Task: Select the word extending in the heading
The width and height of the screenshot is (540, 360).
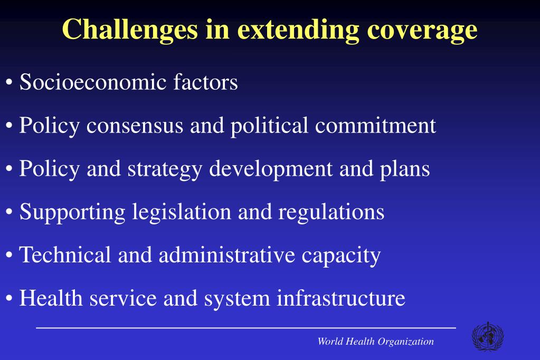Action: tap(299, 30)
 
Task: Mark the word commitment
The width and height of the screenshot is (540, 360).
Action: tap(376, 126)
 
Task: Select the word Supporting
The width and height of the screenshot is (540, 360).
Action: tap(72, 213)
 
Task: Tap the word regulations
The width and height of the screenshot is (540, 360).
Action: tap(331, 213)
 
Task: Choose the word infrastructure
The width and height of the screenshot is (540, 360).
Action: tap(341, 298)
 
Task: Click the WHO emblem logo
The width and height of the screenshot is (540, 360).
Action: tap(487, 337)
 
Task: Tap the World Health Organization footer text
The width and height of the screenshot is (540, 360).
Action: tap(375, 342)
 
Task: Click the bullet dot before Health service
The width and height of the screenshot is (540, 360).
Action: tap(10, 299)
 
